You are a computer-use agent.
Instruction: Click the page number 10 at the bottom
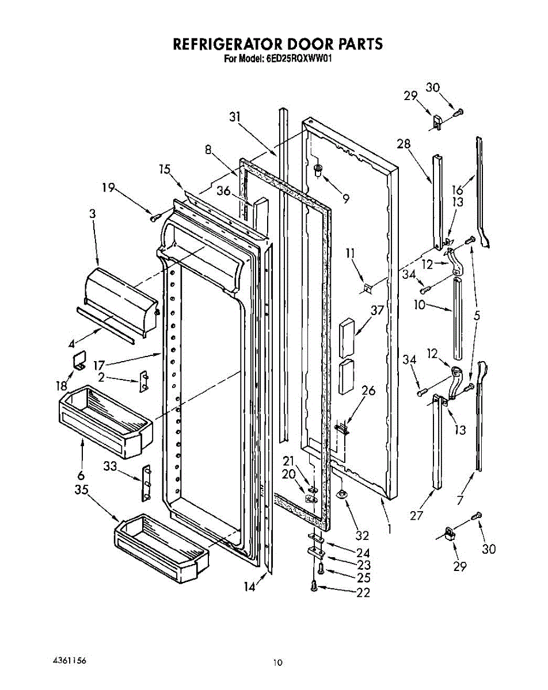(278, 663)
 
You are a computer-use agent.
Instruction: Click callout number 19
(108, 187)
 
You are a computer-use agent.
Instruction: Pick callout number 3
(92, 213)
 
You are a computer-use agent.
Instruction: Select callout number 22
(363, 593)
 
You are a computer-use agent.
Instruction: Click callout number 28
(404, 144)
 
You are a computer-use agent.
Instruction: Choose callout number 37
(378, 311)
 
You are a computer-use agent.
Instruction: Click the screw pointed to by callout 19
(154, 218)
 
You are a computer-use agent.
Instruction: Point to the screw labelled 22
(314, 587)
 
